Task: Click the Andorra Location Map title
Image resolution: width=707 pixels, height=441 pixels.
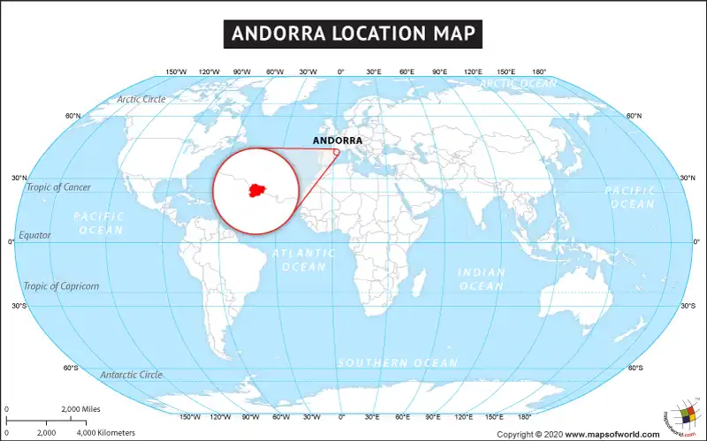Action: (x=353, y=34)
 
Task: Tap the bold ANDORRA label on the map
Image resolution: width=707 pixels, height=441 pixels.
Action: (x=338, y=140)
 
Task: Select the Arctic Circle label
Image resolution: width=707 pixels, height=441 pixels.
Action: (x=141, y=99)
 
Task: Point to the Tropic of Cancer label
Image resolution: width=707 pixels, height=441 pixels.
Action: (x=58, y=186)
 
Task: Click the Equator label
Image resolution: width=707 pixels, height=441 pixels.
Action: (x=35, y=235)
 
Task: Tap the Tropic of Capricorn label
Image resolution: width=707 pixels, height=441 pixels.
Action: (x=61, y=285)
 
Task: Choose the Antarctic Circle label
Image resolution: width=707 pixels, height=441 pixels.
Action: (x=131, y=375)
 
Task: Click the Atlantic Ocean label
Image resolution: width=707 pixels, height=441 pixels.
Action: (x=304, y=259)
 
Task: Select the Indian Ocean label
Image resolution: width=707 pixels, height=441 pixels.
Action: (x=482, y=278)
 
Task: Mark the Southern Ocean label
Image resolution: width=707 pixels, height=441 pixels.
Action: (x=398, y=363)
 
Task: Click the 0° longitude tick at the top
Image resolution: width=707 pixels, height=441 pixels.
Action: (x=341, y=72)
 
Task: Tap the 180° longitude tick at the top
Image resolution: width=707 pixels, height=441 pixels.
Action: (x=538, y=72)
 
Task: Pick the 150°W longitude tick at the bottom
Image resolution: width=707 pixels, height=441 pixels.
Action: (x=189, y=416)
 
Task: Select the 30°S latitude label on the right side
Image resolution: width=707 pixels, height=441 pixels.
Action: (x=688, y=306)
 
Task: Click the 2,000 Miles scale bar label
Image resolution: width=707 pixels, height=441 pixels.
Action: (x=81, y=409)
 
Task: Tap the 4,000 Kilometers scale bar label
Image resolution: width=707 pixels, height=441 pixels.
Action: (x=106, y=433)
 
